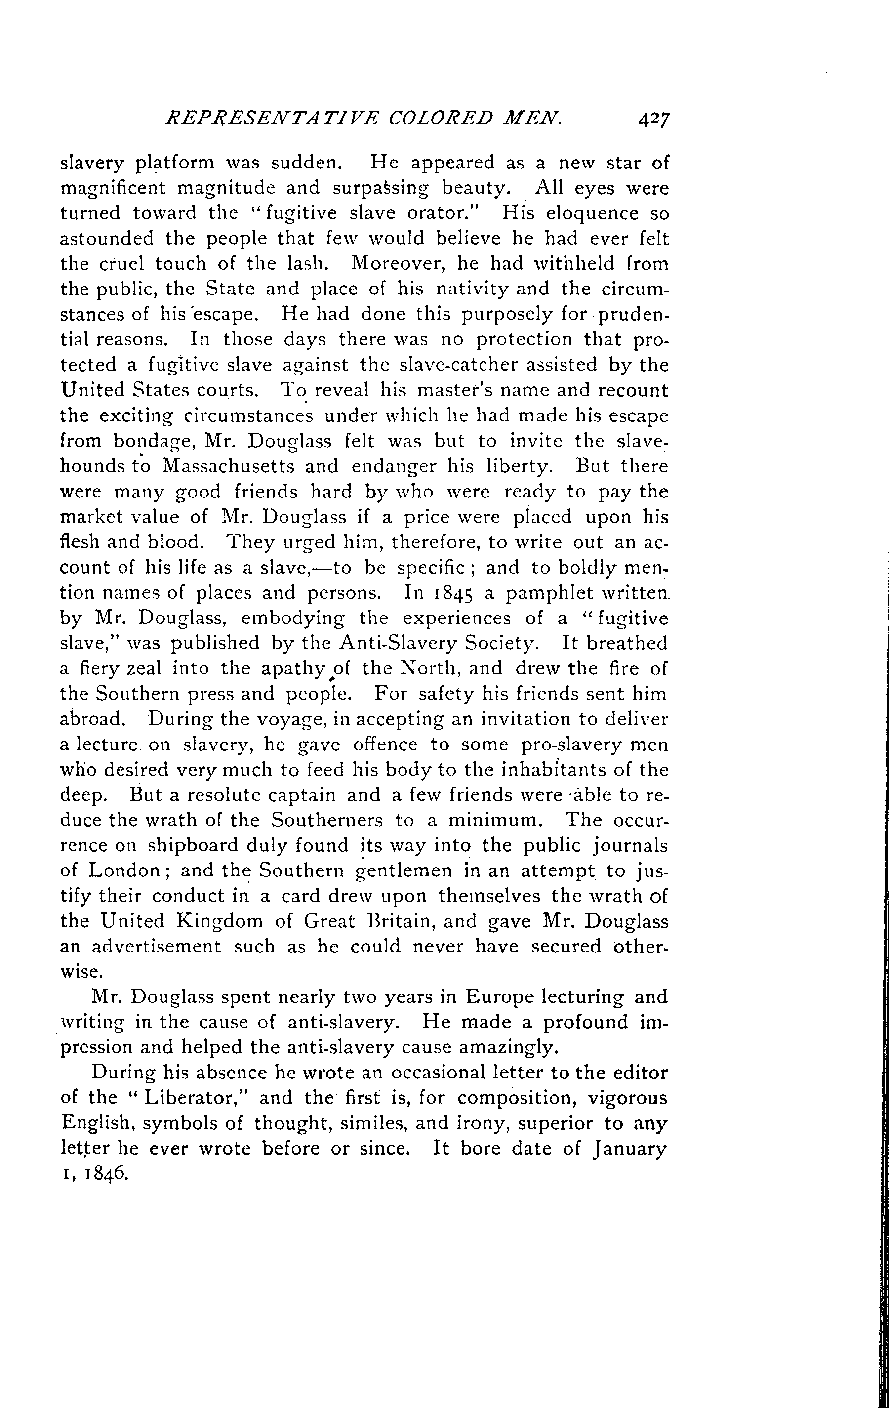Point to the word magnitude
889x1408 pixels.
pyautogui.click(x=248, y=188)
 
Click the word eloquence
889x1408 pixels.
pyautogui.click(x=595, y=213)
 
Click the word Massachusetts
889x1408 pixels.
pyautogui.click(x=250, y=466)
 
